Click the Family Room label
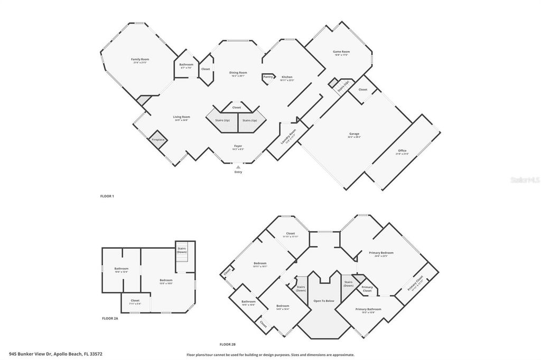(140, 60)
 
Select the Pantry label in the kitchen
(268, 77)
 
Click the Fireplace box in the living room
(158, 139)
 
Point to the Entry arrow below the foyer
(238, 167)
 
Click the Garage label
(354, 134)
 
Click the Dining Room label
(238, 73)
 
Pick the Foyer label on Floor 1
(238, 146)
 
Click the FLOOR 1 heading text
(107, 196)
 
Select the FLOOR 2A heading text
(110, 319)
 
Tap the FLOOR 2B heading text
(230, 344)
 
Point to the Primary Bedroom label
(381, 253)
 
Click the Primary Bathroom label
(368, 310)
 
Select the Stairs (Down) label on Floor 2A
(182, 250)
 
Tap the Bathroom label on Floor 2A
(122, 269)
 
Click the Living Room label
(181, 118)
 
